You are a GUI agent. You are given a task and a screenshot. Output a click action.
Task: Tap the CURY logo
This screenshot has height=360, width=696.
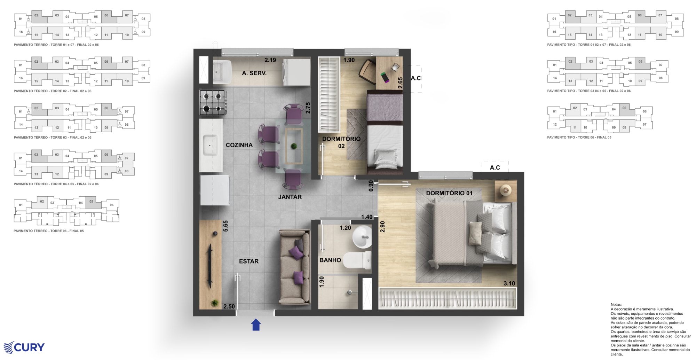(24, 347)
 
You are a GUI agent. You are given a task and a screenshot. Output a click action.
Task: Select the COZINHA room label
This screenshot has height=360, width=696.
(239, 145)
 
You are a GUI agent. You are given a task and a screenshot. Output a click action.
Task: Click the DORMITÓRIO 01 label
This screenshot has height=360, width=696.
(449, 193)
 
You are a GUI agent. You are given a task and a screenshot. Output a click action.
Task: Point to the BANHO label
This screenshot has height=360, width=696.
(330, 260)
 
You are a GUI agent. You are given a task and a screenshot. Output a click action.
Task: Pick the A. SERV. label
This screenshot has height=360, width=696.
(254, 73)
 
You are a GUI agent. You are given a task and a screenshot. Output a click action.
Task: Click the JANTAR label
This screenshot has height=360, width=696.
(290, 197)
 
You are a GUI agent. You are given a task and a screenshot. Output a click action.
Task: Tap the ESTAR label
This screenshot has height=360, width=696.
(249, 261)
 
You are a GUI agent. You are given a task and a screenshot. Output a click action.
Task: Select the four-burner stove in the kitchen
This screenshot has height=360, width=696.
(213, 102)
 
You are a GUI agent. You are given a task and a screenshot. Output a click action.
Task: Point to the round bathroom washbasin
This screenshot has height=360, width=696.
(362, 237)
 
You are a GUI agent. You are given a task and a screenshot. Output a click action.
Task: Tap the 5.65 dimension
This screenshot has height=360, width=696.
(226, 226)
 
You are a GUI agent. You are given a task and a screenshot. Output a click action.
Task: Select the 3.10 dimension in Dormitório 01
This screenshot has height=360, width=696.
(509, 283)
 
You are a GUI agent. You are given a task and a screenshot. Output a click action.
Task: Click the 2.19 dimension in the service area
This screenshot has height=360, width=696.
(270, 60)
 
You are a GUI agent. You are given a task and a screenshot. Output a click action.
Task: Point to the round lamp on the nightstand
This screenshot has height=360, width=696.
(505, 190)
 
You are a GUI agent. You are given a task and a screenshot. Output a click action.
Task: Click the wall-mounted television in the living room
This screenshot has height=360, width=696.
(210, 266)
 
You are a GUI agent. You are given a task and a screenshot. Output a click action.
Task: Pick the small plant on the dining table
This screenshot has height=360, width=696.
(294, 146)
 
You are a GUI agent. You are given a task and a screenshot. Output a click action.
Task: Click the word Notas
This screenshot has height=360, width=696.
(616, 305)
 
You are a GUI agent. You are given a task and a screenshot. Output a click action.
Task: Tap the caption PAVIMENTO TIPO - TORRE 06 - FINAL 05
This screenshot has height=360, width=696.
(579, 138)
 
